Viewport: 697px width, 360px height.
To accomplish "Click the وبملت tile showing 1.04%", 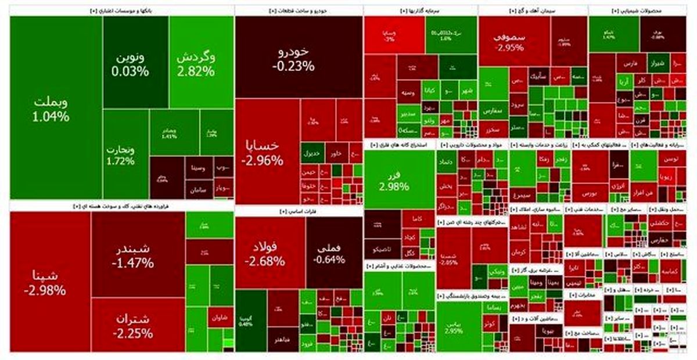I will click(x=51, y=109).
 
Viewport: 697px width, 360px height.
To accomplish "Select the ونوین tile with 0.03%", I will click(x=131, y=64).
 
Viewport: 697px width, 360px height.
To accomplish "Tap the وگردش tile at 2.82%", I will click(x=196, y=64).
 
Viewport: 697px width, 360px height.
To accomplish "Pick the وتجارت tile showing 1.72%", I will click(x=121, y=154).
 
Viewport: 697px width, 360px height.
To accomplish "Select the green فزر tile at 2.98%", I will click(x=394, y=180).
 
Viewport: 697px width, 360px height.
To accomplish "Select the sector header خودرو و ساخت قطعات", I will click(x=299, y=10).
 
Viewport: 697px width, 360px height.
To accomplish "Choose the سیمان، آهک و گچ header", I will click(x=533, y=10).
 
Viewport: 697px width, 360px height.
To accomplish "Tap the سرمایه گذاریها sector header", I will click(x=421, y=10).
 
